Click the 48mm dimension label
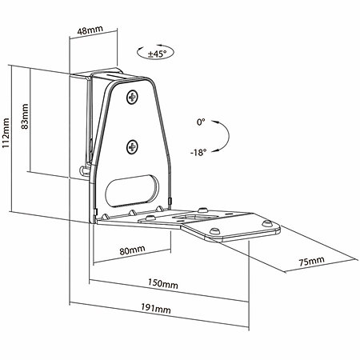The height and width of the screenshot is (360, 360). [x=90, y=30]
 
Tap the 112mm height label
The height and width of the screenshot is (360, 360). [x=6, y=134]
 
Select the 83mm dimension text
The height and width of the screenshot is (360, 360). [x=25, y=117]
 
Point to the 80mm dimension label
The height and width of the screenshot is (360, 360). [x=132, y=250]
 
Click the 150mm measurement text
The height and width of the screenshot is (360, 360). [x=163, y=283]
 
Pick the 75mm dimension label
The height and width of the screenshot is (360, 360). [x=311, y=261]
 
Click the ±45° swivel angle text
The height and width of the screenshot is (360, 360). [x=157, y=54]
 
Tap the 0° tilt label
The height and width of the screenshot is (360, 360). [x=201, y=122]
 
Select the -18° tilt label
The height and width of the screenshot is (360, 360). [x=198, y=153]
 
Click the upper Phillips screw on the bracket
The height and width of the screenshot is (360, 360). [x=132, y=98]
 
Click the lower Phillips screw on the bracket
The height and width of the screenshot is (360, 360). [x=132, y=146]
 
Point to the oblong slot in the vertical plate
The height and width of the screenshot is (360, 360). [x=132, y=190]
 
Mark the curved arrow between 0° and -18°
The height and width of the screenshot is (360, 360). [x=229, y=136]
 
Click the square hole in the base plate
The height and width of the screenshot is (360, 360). [x=194, y=217]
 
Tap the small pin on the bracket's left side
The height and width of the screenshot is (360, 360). [x=84, y=170]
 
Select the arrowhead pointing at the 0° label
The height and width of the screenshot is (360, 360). [x=214, y=122]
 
